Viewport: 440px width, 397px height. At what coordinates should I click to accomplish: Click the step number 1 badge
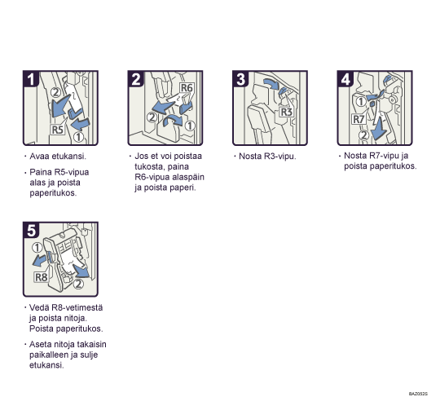click(31, 79)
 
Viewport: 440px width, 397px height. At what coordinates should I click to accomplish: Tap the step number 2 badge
click(136, 79)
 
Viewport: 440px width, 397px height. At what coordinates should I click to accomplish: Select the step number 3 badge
click(240, 79)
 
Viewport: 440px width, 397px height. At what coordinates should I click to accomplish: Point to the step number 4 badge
click(345, 79)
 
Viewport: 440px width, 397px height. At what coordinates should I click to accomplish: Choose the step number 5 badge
click(31, 231)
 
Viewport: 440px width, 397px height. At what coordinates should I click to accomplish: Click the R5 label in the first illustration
click(58, 130)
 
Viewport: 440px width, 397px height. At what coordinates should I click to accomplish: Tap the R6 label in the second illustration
click(187, 88)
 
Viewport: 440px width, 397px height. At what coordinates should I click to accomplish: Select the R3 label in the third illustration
click(287, 112)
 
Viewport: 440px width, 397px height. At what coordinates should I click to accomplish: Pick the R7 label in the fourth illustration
click(359, 119)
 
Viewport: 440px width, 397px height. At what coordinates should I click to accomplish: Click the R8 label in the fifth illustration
click(41, 277)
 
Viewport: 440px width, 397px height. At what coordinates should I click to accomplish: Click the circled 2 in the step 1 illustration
click(56, 92)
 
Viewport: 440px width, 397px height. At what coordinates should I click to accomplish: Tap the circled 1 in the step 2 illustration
click(190, 126)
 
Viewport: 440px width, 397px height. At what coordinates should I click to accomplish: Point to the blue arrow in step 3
click(271, 84)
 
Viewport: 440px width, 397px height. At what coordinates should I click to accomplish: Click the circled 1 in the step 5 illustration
click(37, 248)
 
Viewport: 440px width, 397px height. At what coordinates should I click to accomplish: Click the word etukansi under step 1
click(68, 156)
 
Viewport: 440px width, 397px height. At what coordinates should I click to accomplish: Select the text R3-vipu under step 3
click(279, 157)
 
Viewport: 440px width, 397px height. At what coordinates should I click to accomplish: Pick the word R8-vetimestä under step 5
click(77, 307)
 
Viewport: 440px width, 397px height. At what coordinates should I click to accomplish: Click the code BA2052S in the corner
click(418, 394)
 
